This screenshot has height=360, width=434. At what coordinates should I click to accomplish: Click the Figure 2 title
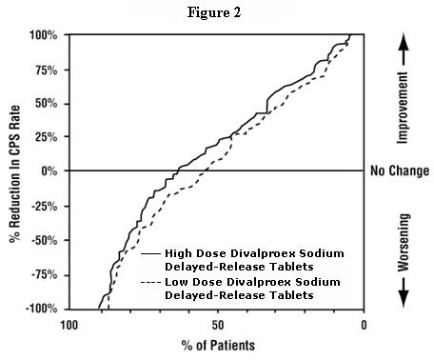216,11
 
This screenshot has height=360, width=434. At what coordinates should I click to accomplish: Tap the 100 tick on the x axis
69,324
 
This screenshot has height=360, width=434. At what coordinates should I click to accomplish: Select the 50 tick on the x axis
217,324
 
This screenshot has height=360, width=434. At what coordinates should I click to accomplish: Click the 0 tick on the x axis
365,324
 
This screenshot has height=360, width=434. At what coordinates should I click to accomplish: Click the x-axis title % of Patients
216,345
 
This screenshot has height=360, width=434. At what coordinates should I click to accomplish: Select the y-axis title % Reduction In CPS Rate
14,171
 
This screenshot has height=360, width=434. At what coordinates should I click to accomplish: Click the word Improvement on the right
403,95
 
